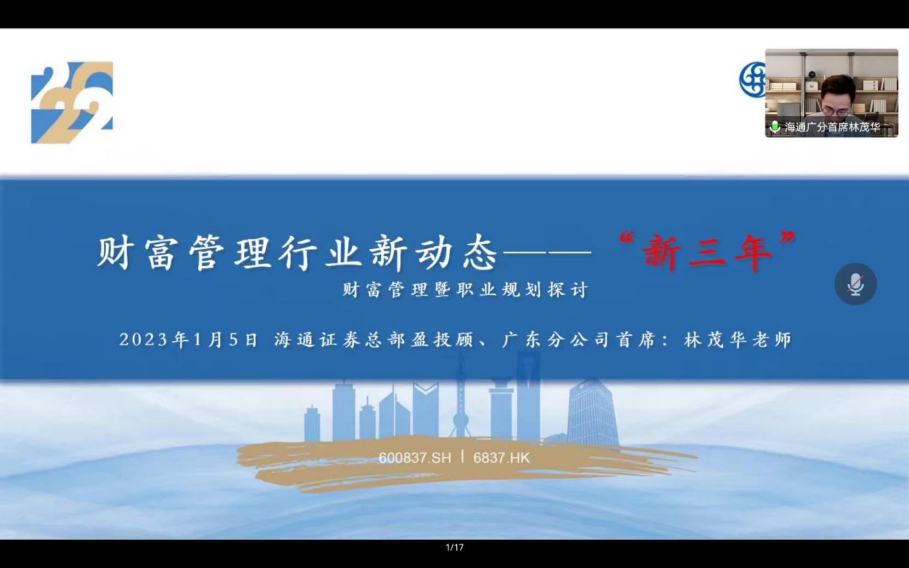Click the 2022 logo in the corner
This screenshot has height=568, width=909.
(x=72, y=102)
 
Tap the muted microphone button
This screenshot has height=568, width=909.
(x=855, y=284)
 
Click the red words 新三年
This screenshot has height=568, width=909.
(x=706, y=254)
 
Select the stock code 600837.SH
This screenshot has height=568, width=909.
(x=415, y=458)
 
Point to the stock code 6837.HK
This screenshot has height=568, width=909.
(x=501, y=458)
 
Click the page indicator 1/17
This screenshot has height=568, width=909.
(x=455, y=547)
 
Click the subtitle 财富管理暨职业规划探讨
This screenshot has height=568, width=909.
(x=465, y=290)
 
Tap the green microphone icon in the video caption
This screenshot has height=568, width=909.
(x=775, y=127)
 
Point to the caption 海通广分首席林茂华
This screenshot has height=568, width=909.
(x=832, y=128)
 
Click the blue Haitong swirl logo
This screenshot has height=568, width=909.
(x=752, y=79)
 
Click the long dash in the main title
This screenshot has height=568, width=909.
(x=547, y=253)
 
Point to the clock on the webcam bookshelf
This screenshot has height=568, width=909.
(x=812, y=74)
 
